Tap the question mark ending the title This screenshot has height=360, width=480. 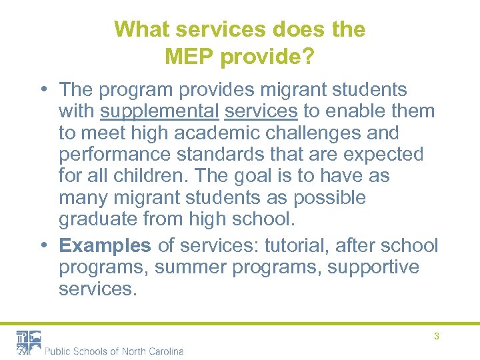[309, 57]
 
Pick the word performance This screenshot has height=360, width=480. [110, 155]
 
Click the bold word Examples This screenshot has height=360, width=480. [105, 245]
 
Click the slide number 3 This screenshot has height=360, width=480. [437, 337]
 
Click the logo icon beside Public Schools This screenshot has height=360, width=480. [29, 342]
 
